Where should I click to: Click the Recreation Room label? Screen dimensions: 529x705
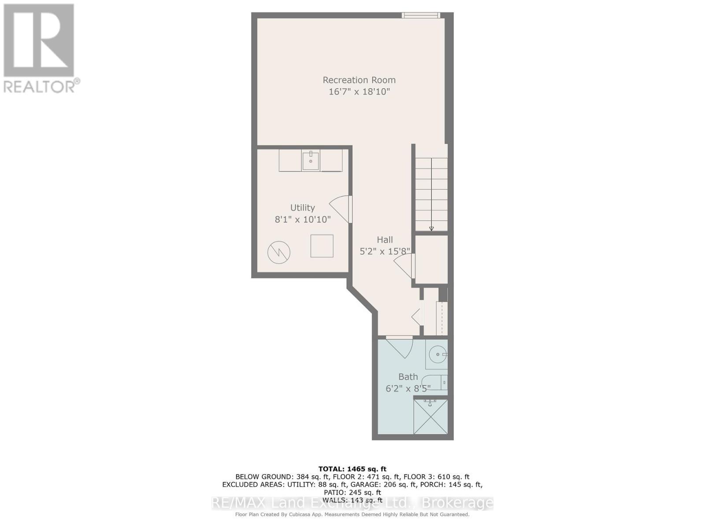[x=359, y=80]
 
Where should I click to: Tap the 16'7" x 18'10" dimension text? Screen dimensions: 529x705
[x=359, y=92]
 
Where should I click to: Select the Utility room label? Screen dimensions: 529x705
[x=302, y=208]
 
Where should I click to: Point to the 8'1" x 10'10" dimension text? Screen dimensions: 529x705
[x=302, y=219]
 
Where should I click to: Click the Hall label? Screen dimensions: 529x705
[x=385, y=240]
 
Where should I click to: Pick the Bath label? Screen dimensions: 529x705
[x=408, y=377]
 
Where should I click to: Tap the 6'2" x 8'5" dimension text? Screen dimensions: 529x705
[x=408, y=388]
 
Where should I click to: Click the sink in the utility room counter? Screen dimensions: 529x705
[x=311, y=160]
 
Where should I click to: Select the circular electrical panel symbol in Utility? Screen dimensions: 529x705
[x=279, y=253]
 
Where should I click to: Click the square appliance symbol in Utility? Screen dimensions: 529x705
[x=322, y=246]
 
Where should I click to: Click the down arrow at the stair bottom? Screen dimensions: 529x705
[x=431, y=228]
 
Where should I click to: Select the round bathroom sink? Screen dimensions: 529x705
[x=437, y=354]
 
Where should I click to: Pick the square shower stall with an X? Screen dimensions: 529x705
[x=430, y=417]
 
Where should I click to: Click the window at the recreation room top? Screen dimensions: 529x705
[x=420, y=15]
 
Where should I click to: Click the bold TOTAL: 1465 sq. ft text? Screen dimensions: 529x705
[x=352, y=469]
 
